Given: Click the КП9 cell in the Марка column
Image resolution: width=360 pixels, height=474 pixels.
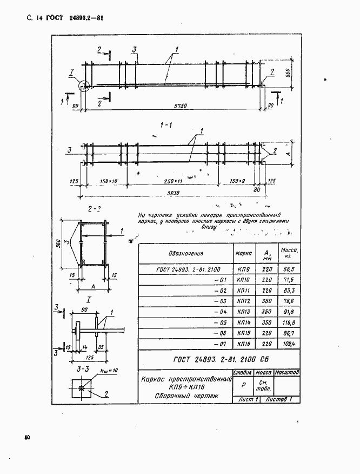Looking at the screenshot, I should coord(243,269).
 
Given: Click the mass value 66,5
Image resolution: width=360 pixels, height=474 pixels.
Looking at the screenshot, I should coord(285,268).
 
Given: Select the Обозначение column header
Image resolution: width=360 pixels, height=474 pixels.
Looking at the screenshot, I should coord(185,253).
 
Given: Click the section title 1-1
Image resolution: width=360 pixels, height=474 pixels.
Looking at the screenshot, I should coord(165,126).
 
